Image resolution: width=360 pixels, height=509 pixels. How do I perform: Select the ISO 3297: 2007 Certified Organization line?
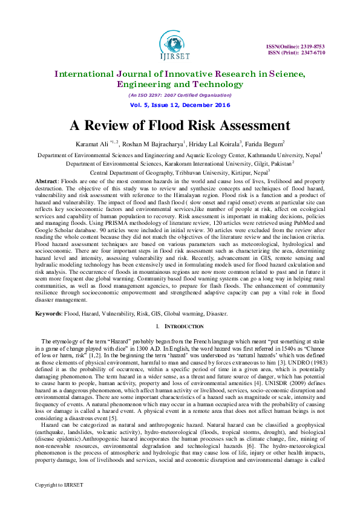(180, 95)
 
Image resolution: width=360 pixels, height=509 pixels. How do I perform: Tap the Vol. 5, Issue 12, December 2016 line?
(180, 105)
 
